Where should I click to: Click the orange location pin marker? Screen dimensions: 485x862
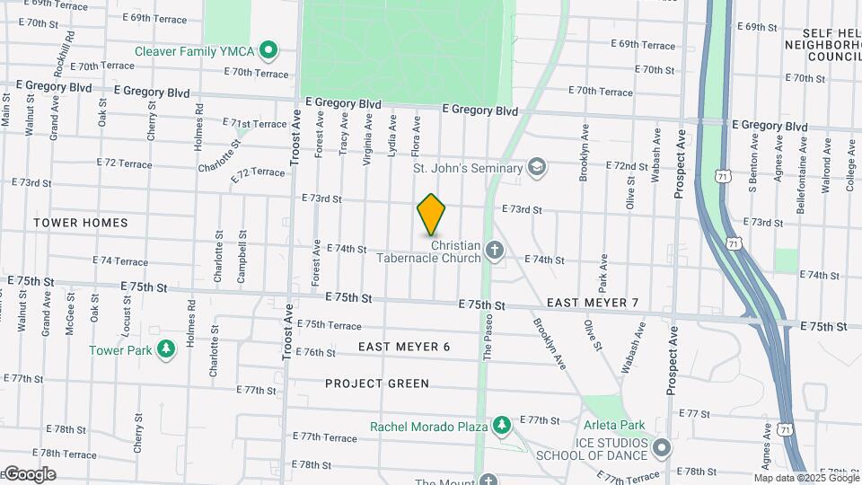tap(431, 215)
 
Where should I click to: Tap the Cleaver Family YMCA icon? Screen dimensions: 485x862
tap(267, 50)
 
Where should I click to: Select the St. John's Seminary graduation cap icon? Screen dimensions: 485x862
tap(536, 167)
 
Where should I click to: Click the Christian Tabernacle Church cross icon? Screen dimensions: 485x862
tap(493, 251)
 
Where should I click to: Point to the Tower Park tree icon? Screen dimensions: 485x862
tap(165, 349)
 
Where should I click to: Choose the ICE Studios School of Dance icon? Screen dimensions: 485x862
tap(662, 446)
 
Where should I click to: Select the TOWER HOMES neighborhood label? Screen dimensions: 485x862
tap(81, 222)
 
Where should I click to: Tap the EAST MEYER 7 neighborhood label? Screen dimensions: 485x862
tap(592, 303)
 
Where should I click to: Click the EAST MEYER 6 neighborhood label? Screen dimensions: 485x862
tap(403, 347)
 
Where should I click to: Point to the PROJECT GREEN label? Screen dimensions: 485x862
tap(377, 384)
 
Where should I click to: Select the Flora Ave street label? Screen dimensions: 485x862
tap(416, 136)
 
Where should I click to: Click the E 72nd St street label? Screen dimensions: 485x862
tap(627, 166)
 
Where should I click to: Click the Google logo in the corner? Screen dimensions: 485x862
tap(30, 474)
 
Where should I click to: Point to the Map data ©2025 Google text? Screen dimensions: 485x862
tap(805, 478)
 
